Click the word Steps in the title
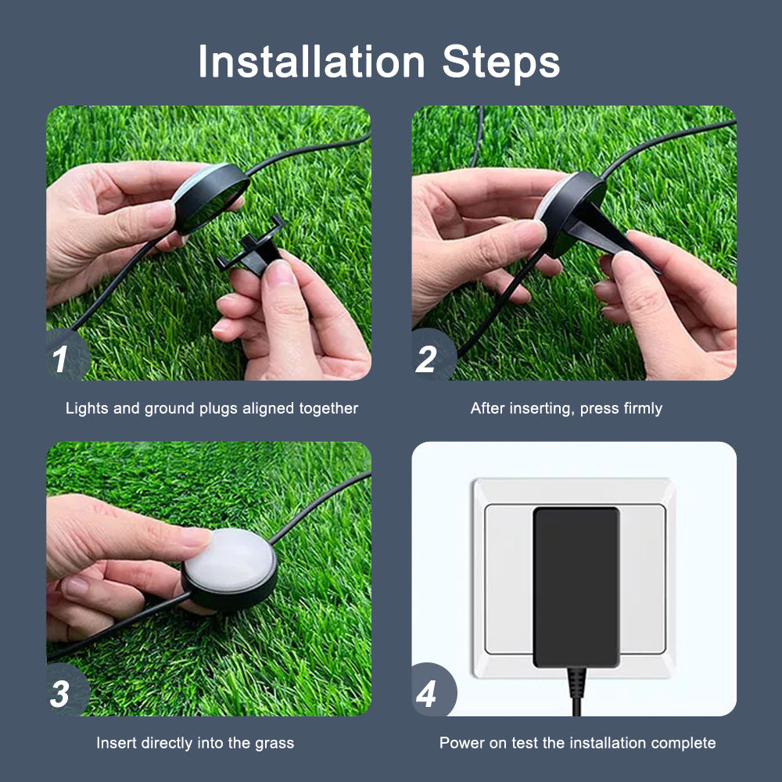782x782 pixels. (500, 62)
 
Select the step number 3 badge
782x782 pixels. (61, 694)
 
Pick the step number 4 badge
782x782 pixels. (427, 694)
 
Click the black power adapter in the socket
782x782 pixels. (576, 586)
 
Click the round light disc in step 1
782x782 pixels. (210, 195)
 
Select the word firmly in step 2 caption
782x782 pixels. (642, 408)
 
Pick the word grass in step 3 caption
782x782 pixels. (275, 743)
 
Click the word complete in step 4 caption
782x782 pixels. (686, 743)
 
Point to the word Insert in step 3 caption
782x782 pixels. (114, 743)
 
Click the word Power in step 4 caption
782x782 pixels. (461, 743)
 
